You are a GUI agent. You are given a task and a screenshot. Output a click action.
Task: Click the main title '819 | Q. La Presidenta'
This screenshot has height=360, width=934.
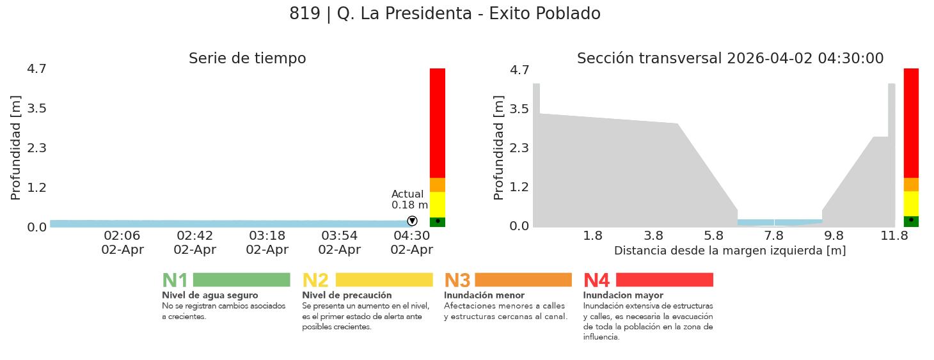click(x=445, y=13)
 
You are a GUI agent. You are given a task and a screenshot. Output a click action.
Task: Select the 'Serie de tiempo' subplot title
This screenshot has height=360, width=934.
click(x=247, y=58)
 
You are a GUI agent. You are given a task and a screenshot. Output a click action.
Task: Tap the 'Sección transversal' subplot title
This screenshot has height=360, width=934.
click(x=730, y=58)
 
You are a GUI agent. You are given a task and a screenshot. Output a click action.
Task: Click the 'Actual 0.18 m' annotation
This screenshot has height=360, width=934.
click(x=409, y=200)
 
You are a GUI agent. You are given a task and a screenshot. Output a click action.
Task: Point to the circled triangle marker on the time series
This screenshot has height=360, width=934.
click(x=412, y=221)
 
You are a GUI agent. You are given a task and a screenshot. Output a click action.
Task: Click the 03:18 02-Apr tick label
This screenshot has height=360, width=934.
click(x=267, y=242)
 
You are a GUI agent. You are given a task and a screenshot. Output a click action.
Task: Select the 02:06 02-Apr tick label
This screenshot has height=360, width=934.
click(x=122, y=242)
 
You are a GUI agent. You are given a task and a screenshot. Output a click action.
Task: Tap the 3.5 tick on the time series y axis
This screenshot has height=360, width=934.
click(x=36, y=108)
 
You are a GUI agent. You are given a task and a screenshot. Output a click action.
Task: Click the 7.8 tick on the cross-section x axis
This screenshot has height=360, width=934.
click(x=773, y=235)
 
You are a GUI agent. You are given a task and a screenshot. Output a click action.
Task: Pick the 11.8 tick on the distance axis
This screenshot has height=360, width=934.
click(x=894, y=235)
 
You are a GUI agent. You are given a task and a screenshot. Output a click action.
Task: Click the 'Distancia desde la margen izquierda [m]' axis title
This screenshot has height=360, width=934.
click(x=730, y=251)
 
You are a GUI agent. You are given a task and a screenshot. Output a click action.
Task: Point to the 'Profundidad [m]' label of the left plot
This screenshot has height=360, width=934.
click(x=16, y=148)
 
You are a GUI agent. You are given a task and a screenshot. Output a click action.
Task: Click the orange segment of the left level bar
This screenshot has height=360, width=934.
click(x=438, y=185)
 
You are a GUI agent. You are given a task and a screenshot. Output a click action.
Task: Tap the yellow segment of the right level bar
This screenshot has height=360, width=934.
click(x=911, y=203)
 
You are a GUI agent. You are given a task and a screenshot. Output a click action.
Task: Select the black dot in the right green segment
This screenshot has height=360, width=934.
click(x=911, y=219)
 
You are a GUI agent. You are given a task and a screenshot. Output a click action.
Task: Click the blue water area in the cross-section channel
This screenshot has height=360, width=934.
click(x=779, y=223)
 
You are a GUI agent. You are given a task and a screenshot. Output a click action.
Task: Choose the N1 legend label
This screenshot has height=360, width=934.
click(x=175, y=280)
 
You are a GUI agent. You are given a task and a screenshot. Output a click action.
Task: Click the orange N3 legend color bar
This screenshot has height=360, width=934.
click(x=523, y=279)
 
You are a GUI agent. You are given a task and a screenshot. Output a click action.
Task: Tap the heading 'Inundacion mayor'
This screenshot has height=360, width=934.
click(x=623, y=295)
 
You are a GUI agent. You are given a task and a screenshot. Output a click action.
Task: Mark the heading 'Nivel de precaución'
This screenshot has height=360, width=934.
click(x=347, y=295)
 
